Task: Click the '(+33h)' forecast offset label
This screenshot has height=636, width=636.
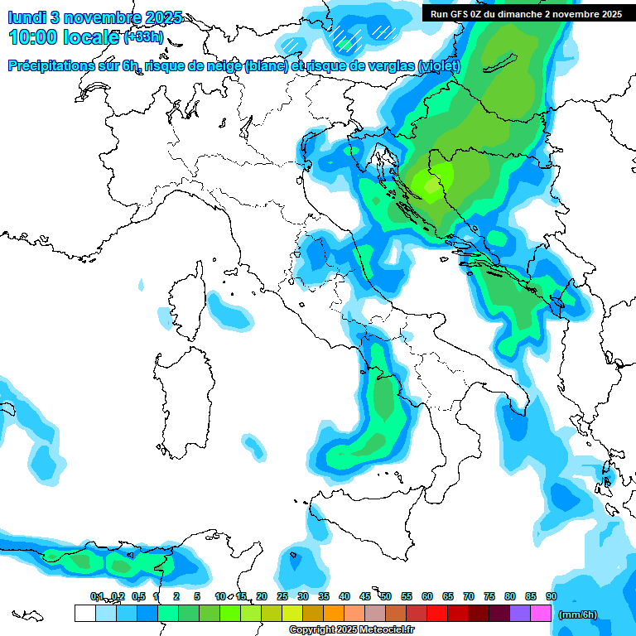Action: tap(143, 38)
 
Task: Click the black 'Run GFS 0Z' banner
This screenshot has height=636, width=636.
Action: tap(526, 13)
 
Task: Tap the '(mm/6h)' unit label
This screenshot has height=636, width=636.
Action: tap(578, 614)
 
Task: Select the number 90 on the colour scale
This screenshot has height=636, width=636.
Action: tap(552, 596)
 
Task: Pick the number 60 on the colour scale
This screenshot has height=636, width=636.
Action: tap(427, 596)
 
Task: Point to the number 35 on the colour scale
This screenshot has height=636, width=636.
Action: tap(324, 596)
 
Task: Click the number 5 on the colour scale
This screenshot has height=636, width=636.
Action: tap(197, 596)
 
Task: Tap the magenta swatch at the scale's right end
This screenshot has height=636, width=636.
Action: tap(541, 614)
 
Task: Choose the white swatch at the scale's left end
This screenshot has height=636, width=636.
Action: tap(84, 614)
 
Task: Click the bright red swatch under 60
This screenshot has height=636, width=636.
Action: tap(437, 614)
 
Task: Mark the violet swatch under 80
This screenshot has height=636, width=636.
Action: tap(520, 614)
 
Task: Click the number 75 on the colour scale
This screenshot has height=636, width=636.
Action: tap(489, 596)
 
